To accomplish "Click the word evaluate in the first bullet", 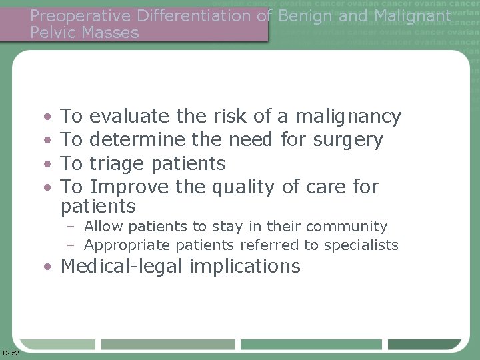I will [130, 117].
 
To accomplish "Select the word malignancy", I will [348, 117].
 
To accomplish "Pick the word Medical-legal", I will [123, 267].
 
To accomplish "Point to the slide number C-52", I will [11, 353].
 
